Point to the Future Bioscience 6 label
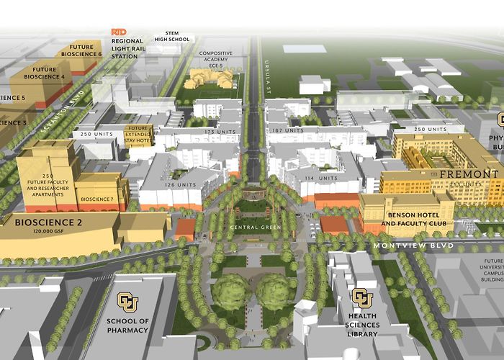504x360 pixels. point(81,50)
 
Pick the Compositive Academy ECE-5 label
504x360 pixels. point(215,58)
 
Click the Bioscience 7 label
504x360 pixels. point(96,199)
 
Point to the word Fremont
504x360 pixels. point(469,174)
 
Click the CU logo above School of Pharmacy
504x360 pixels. point(127,300)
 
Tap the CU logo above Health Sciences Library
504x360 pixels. point(361,297)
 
